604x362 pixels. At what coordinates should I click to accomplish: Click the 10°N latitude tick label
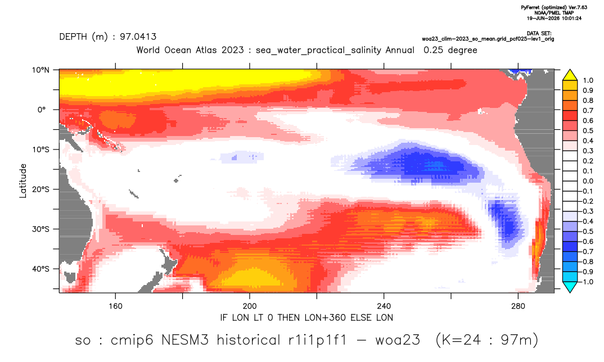pyautogui.click(x=40, y=70)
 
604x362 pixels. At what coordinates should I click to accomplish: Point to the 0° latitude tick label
pyautogui.click(x=42, y=110)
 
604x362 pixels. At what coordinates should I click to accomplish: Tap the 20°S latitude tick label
pyautogui.click(x=40, y=189)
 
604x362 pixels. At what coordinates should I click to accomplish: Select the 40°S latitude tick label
pyautogui.click(x=40, y=269)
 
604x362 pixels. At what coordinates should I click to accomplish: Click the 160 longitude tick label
pyautogui.click(x=115, y=306)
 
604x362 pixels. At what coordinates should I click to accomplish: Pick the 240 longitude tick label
pyautogui.click(x=384, y=306)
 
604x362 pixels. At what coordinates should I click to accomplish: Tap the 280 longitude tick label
pyautogui.click(x=518, y=306)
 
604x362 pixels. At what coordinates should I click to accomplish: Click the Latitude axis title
pyautogui.click(x=23, y=181)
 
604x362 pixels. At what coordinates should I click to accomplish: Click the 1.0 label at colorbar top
pyautogui.click(x=588, y=80)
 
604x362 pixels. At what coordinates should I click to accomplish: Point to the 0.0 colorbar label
pyautogui.click(x=588, y=181)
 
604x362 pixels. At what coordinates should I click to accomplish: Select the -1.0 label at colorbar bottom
pyautogui.click(x=587, y=282)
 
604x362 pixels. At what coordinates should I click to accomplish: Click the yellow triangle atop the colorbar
pyautogui.click(x=570, y=75)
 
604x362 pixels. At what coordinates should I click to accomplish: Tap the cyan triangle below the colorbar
pyautogui.click(x=570, y=287)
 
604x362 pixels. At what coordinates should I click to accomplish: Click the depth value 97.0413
pyautogui.click(x=138, y=37)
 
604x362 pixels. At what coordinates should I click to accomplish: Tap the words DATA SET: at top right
pyautogui.click(x=539, y=34)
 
